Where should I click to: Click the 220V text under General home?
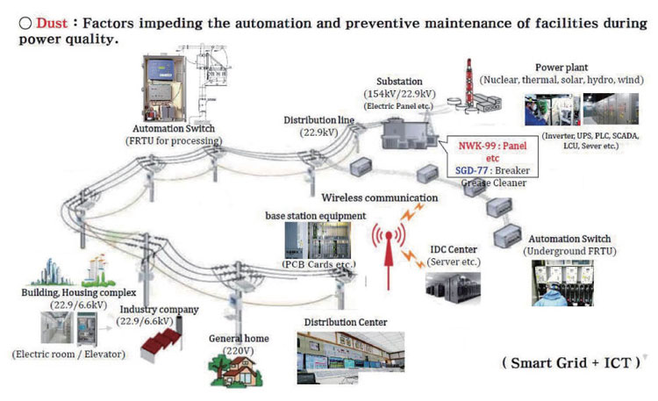pos(233,350)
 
